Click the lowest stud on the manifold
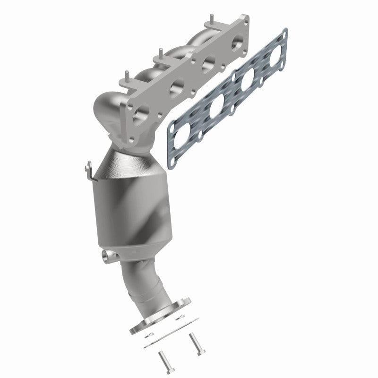tap(127, 76)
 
